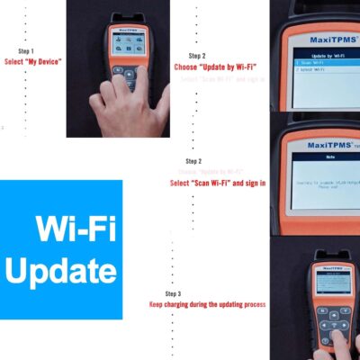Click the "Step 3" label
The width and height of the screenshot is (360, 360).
pyautogui.click(x=173, y=294)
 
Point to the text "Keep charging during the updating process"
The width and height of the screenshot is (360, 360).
pyautogui.click(x=207, y=305)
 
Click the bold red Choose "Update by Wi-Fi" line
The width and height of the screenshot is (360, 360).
pyautogui.click(x=215, y=67)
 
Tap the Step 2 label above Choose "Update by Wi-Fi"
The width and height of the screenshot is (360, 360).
pyautogui.click(x=197, y=55)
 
